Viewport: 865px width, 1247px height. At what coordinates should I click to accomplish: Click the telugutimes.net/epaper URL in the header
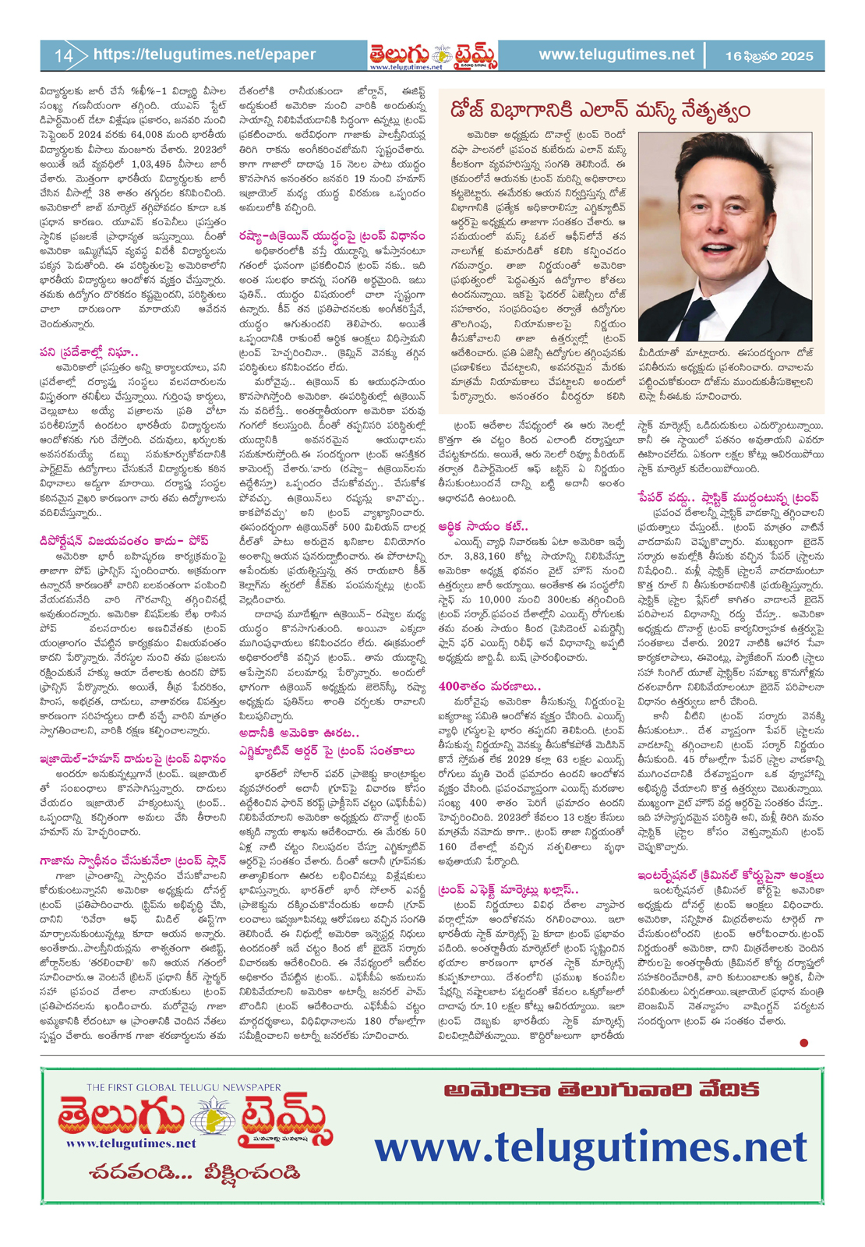[x=204, y=55]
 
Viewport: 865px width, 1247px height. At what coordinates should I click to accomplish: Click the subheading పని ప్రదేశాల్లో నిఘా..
[x=89, y=352]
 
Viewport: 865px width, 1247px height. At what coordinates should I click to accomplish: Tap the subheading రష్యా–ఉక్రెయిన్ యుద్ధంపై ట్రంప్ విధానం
[x=332, y=235]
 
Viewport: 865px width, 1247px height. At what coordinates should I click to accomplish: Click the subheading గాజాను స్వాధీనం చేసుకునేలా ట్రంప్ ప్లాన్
[x=133, y=860]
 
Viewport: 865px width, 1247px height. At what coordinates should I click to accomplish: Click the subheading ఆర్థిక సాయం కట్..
[x=483, y=526]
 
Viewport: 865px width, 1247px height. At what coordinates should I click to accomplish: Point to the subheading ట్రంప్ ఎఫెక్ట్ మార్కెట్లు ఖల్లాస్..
[x=508, y=889]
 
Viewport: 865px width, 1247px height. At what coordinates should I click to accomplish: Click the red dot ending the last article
[x=803, y=1042]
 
